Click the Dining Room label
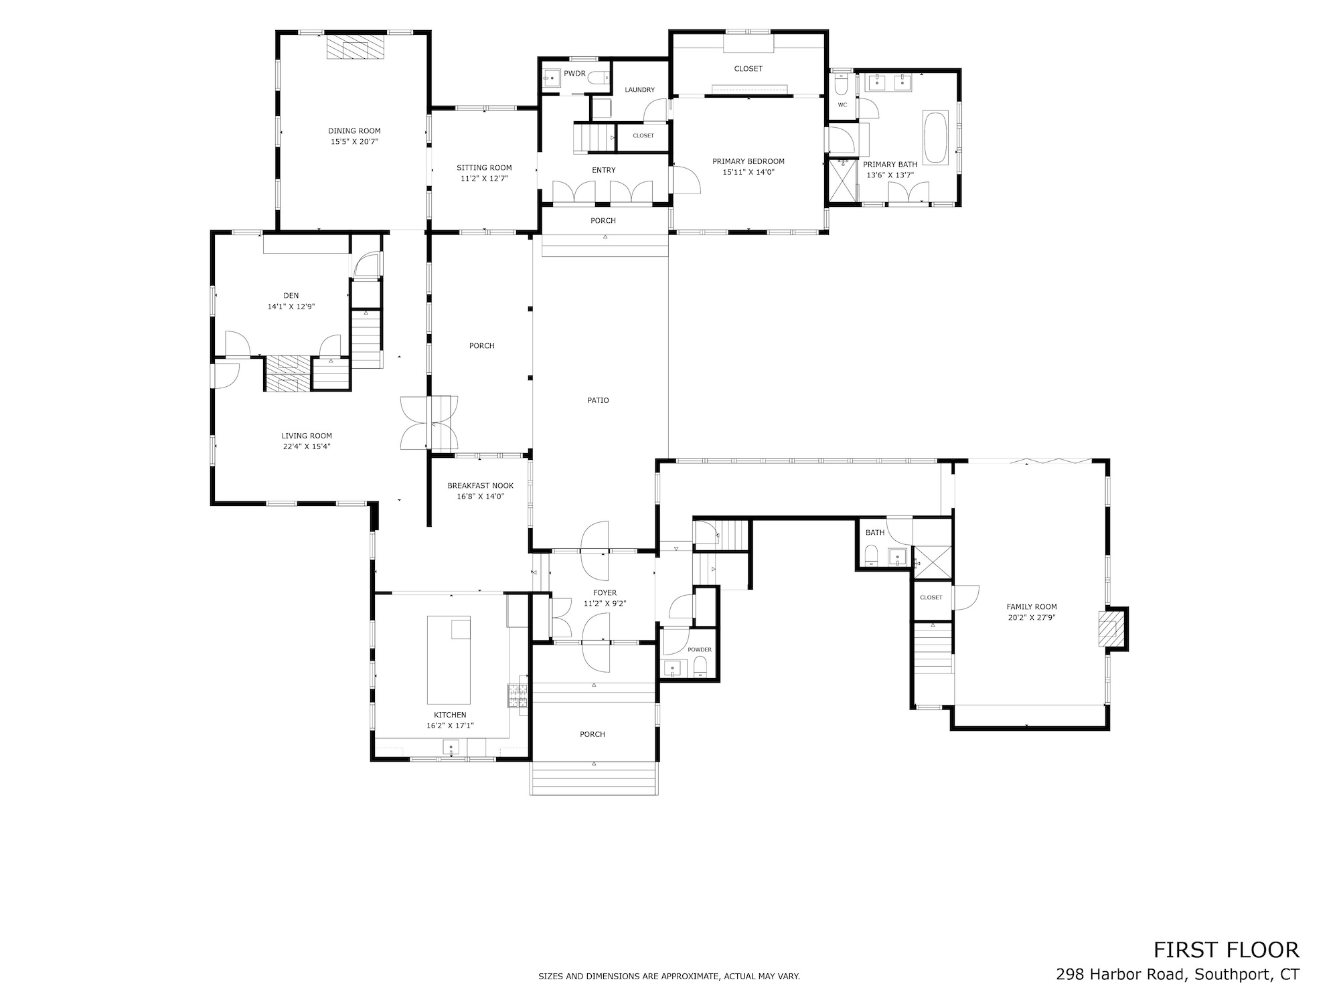coord(354,131)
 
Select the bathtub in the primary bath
coord(935,137)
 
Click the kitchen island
coord(449,660)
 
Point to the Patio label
coord(599,400)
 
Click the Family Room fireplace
coord(1111,629)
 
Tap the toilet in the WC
coord(842,85)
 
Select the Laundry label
coord(639,90)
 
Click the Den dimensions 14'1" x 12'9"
coord(291,307)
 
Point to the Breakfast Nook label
coord(481,486)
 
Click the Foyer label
coord(605,593)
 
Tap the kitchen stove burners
coord(518,695)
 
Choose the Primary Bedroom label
coord(748,161)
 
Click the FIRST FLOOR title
coord(1226,950)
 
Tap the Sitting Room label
coord(484,168)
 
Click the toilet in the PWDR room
coord(600,78)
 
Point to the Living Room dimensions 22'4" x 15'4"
coord(307,446)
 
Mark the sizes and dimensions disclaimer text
coord(669,977)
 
